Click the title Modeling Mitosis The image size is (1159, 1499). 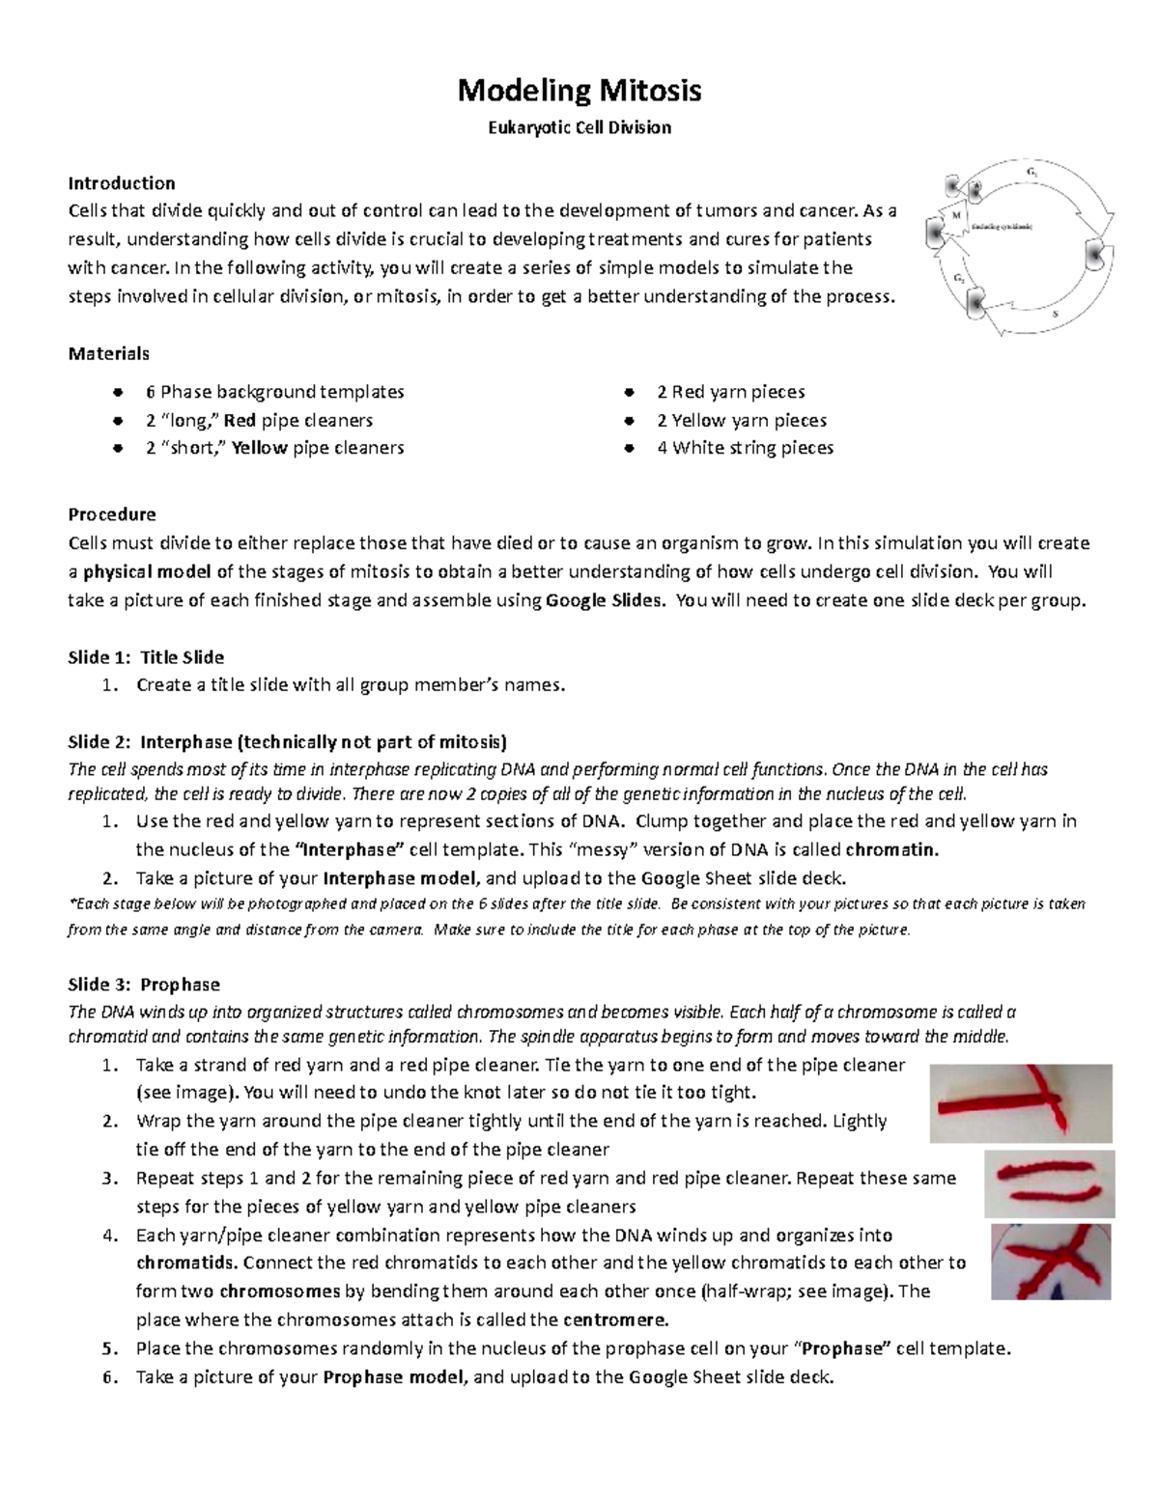(x=579, y=91)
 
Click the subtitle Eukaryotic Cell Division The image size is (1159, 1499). (x=579, y=127)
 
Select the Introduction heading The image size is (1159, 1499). (x=121, y=183)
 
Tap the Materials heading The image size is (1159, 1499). (x=108, y=353)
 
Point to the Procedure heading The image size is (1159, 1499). (x=111, y=514)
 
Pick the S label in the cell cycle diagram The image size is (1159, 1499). (x=1054, y=314)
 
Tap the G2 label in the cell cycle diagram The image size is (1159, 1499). (x=959, y=278)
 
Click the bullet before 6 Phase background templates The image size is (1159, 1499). (x=117, y=392)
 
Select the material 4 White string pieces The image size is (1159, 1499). (x=745, y=448)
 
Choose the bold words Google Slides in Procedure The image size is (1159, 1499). (x=606, y=600)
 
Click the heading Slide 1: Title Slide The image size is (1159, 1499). (x=145, y=657)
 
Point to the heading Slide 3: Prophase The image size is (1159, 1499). (x=143, y=985)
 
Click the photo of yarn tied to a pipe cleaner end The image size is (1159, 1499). (x=1020, y=1102)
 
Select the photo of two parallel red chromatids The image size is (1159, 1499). (x=1049, y=1182)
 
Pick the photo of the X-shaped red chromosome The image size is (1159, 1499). (x=1051, y=1262)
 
